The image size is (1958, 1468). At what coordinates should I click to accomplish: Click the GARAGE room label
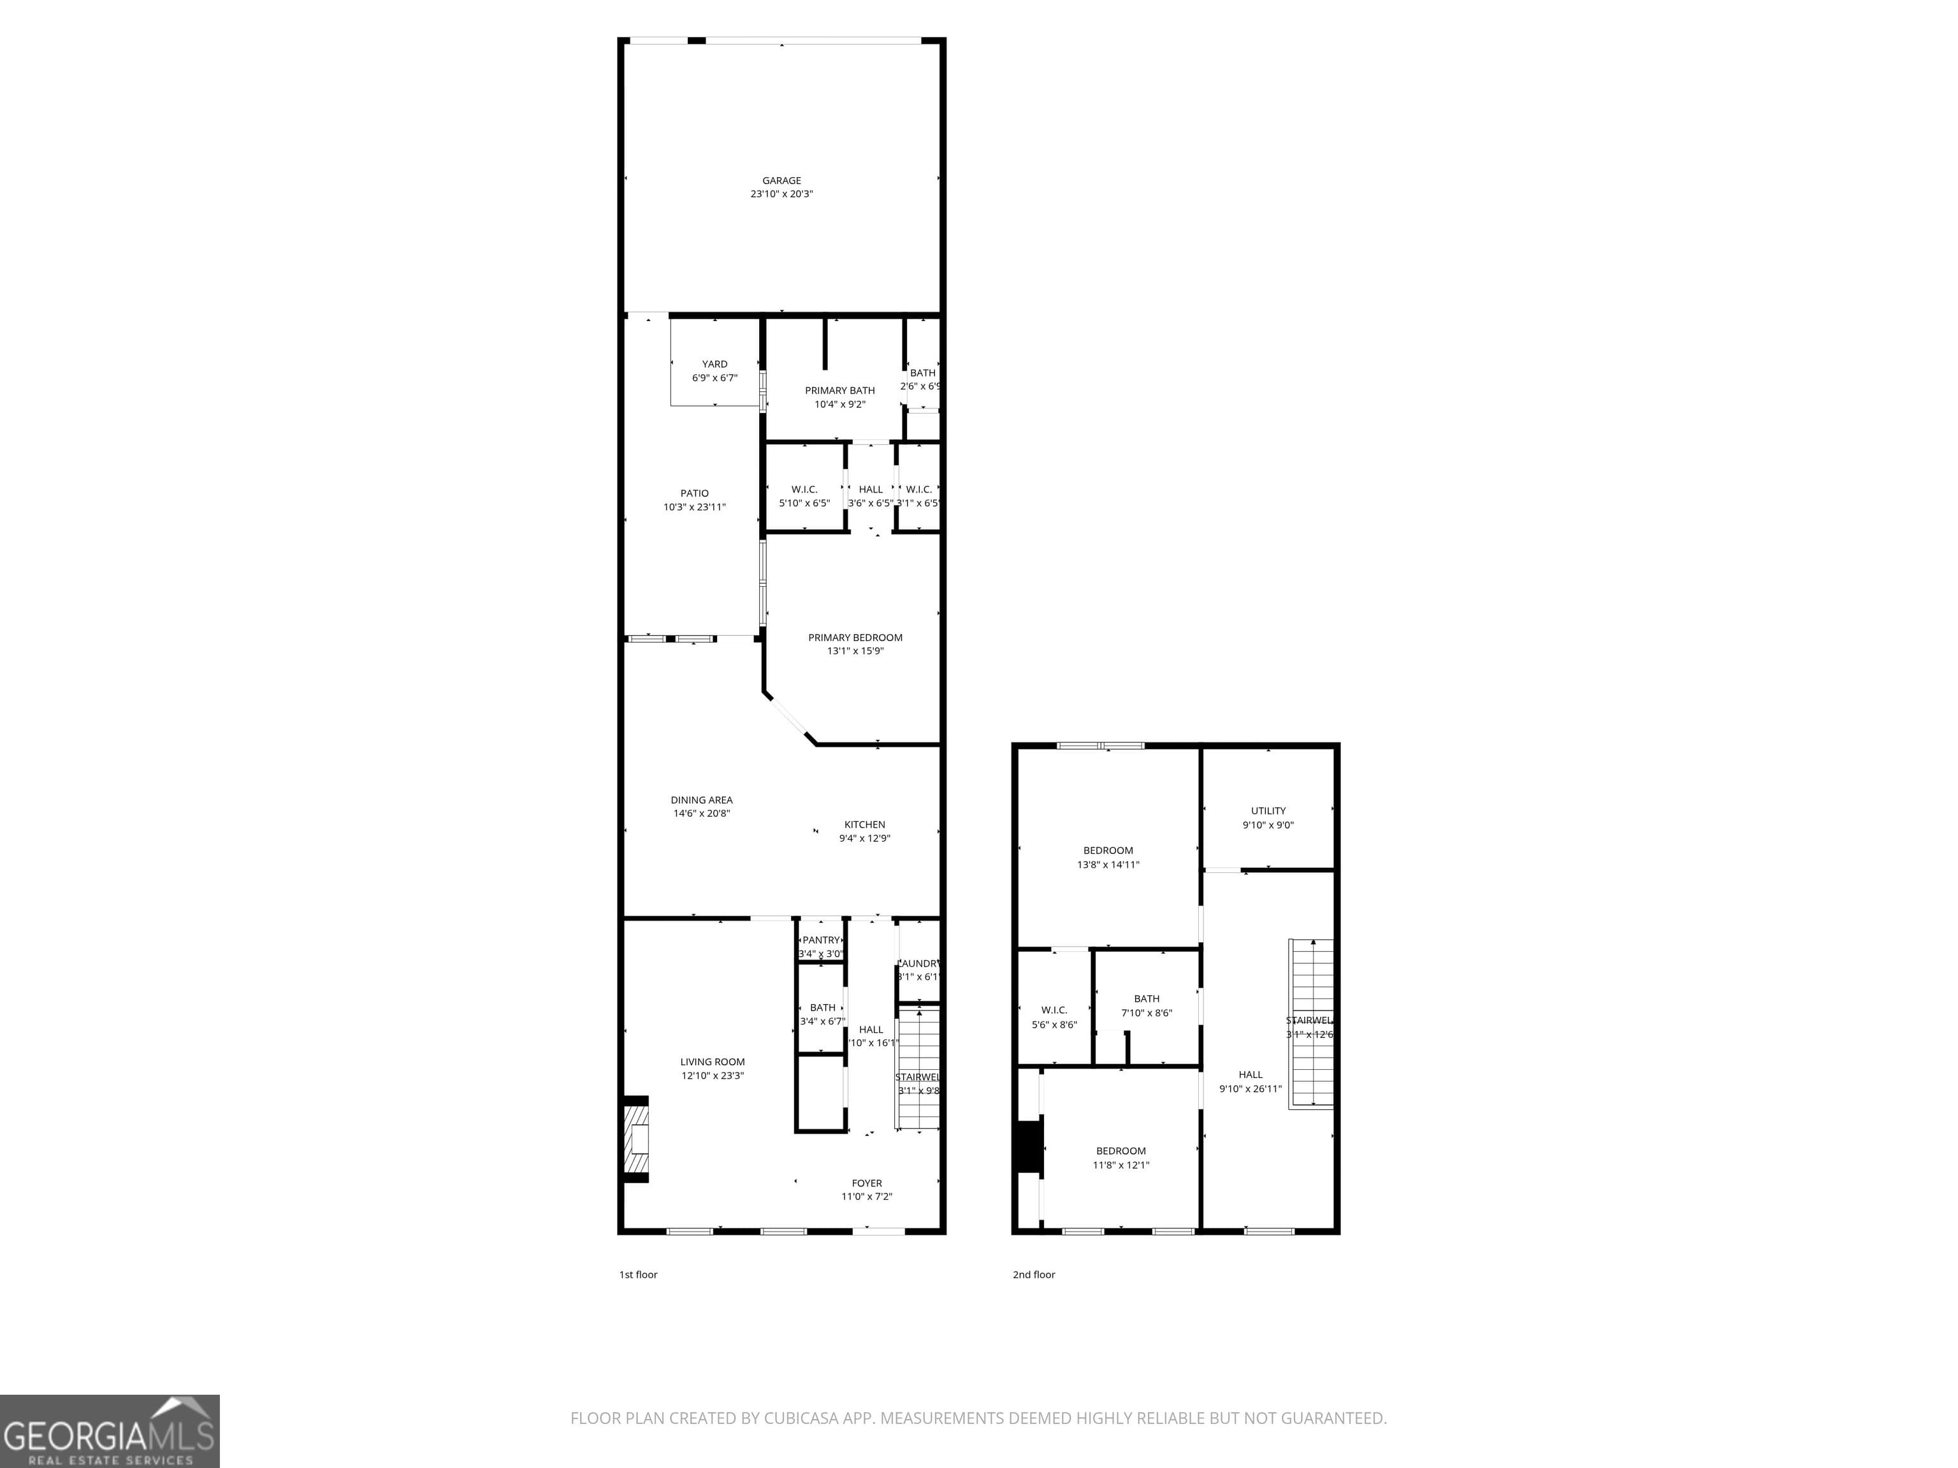tap(781, 180)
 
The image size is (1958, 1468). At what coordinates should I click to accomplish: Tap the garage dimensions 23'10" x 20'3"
tap(781, 194)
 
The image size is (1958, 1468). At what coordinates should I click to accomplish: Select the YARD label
tap(714, 364)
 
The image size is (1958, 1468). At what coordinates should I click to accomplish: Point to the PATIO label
tap(694, 494)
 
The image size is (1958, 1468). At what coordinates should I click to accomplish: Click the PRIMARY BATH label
tap(839, 390)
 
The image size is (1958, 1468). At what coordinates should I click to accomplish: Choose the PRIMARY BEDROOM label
tap(855, 637)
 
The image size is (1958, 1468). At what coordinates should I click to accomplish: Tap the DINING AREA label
tap(701, 800)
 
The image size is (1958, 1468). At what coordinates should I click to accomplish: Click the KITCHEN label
tap(864, 824)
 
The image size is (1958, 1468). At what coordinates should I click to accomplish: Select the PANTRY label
tap(820, 940)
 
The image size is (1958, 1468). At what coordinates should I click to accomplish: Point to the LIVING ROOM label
tap(713, 1062)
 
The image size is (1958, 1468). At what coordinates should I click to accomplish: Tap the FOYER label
tap(867, 1183)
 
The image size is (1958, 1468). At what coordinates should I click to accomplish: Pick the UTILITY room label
tap(1268, 810)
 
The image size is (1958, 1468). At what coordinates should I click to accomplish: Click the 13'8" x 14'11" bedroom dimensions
tap(1107, 865)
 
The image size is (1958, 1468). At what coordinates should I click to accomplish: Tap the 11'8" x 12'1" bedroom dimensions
tap(1120, 1165)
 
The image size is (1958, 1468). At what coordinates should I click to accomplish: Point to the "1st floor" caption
tap(638, 1274)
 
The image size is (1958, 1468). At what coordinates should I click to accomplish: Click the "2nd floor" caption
tap(1034, 1274)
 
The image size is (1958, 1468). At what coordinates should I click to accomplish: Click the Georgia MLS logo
tap(109, 1431)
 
